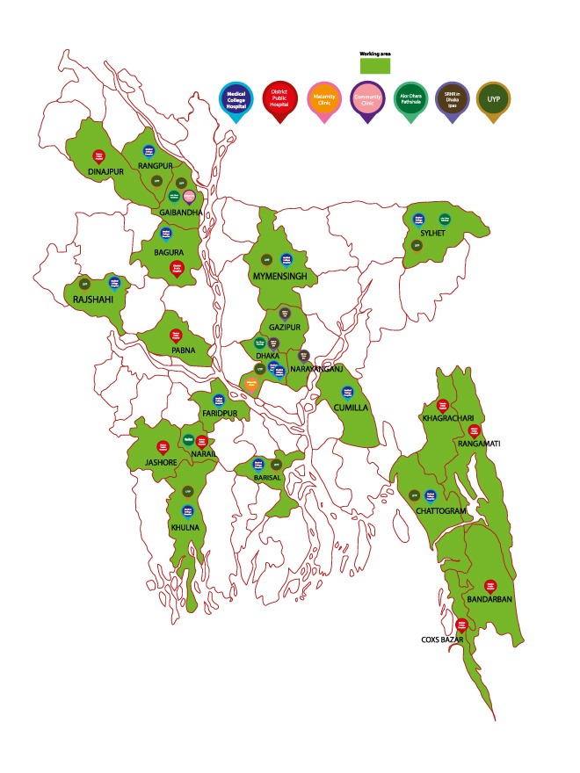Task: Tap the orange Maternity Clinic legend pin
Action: point(325,97)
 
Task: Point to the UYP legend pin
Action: point(493,97)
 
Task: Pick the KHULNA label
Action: point(185,527)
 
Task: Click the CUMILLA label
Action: point(351,408)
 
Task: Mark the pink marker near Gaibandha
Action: point(189,197)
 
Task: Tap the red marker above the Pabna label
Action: point(175,335)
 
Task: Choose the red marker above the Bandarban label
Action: point(490,584)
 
